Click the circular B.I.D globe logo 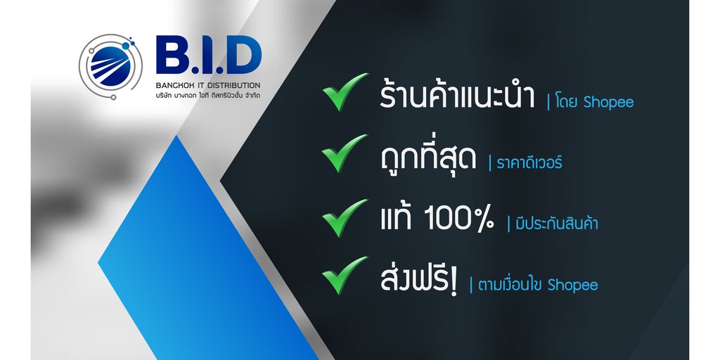[x=110, y=65]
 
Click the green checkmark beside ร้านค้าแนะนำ [x=344, y=91]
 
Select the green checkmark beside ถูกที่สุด [x=344, y=153]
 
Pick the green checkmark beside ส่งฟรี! [x=344, y=276]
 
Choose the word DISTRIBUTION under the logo [x=229, y=86]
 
